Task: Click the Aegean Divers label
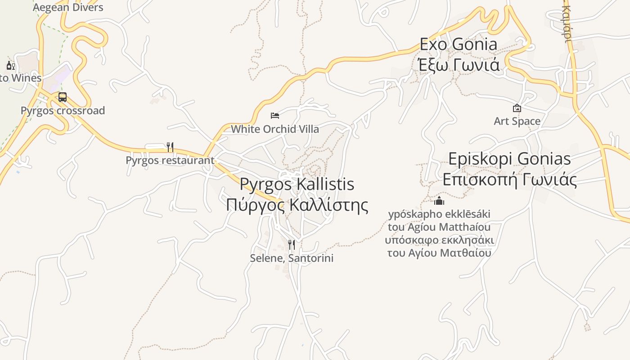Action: tap(68, 8)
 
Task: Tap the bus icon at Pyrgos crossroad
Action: tap(63, 97)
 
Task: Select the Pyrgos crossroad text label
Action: tap(63, 111)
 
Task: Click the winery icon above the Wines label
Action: tap(10, 66)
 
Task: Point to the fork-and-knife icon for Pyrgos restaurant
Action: tap(170, 147)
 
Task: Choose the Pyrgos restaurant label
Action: tap(170, 160)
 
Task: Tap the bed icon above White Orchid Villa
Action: tap(275, 116)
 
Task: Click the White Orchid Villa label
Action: tap(275, 129)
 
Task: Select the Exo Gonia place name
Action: tap(459, 44)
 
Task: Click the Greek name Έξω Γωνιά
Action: tap(459, 65)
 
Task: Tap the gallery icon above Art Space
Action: tap(517, 108)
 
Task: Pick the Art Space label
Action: tap(517, 121)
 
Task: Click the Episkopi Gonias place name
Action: tap(510, 159)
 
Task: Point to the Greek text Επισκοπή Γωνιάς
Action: tap(510, 180)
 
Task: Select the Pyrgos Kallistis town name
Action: tap(297, 184)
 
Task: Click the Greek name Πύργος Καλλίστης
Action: tap(297, 205)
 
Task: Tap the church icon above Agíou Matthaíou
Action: tap(439, 201)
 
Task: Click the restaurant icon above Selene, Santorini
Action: tap(292, 245)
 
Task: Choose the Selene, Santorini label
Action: tap(292, 258)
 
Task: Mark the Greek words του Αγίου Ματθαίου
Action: tap(439, 253)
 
